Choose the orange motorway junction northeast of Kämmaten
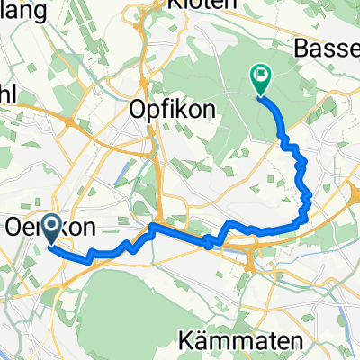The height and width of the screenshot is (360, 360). point(252,261)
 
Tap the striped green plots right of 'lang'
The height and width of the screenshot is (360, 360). point(76,27)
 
